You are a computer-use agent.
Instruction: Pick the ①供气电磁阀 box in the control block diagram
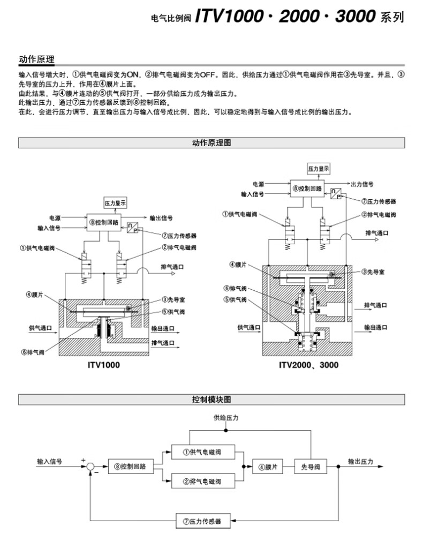click(203, 452)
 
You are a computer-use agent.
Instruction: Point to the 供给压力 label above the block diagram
click(226, 417)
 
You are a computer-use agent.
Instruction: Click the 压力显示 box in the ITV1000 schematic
click(115, 202)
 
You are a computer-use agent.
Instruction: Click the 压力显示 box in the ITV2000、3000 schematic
click(319, 168)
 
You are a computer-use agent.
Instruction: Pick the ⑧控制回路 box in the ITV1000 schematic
click(104, 222)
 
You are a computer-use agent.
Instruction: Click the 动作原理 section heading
click(36, 59)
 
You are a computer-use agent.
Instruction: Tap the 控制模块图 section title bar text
click(211, 400)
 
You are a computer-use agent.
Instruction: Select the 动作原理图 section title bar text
click(211, 142)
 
